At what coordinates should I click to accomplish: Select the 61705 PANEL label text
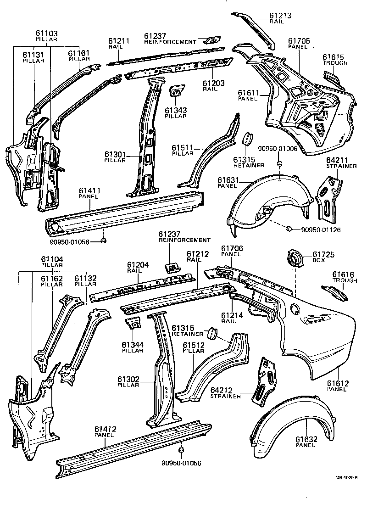pyautogui.click(x=299, y=44)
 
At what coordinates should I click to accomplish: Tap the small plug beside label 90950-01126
pyautogui.click(x=289, y=229)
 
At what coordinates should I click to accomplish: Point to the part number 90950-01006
pyautogui.click(x=277, y=149)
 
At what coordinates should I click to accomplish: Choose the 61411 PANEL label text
pyautogui.click(x=89, y=193)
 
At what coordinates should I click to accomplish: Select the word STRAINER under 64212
pyautogui.click(x=225, y=396)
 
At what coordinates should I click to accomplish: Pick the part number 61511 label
pyautogui.click(x=183, y=148)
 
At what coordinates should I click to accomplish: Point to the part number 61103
pyautogui.click(x=47, y=34)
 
